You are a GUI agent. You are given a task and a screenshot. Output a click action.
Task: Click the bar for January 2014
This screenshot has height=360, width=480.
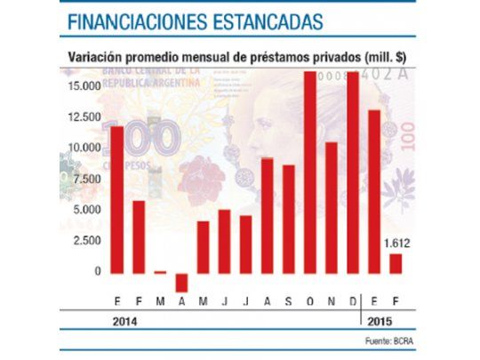pyautogui.click(x=116, y=200)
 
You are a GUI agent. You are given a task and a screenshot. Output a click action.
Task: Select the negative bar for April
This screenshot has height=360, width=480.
pyautogui.click(x=181, y=282)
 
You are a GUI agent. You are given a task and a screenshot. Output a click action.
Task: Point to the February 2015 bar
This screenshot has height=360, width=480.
pyautogui.click(x=396, y=264)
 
